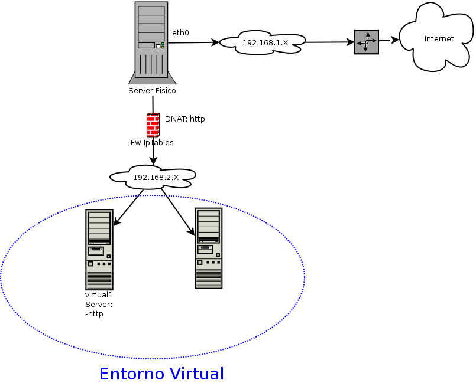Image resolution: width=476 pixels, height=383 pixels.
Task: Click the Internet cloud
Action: click(x=439, y=39)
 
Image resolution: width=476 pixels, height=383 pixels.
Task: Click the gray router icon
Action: click(x=366, y=42)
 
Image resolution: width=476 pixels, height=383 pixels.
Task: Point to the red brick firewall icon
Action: click(x=153, y=125)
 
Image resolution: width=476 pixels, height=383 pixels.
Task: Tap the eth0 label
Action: click(x=180, y=32)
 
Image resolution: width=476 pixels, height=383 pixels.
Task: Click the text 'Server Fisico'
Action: click(x=152, y=91)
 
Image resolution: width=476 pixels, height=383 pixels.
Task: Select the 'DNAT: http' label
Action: click(x=184, y=119)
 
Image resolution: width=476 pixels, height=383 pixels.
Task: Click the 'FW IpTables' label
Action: click(x=152, y=142)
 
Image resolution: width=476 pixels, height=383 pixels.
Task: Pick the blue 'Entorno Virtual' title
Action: click(x=161, y=374)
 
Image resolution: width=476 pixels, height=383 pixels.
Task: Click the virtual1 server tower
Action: click(x=99, y=249)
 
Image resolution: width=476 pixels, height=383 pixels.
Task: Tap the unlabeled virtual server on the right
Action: click(x=208, y=248)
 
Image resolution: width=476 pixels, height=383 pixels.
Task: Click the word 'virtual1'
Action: click(x=99, y=294)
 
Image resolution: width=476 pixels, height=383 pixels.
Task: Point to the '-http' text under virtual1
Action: click(x=95, y=314)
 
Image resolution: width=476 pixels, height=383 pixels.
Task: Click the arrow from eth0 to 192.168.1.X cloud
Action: click(x=193, y=42)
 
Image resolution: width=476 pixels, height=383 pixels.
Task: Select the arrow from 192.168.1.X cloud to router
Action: click(x=329, y=42)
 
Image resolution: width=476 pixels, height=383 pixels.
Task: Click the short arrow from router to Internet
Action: click(x=388, y=40)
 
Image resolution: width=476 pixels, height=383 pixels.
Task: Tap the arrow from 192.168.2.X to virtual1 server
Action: click(x=128, y=207)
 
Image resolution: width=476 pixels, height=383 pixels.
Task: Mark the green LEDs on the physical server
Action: click(x=163, y=45)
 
